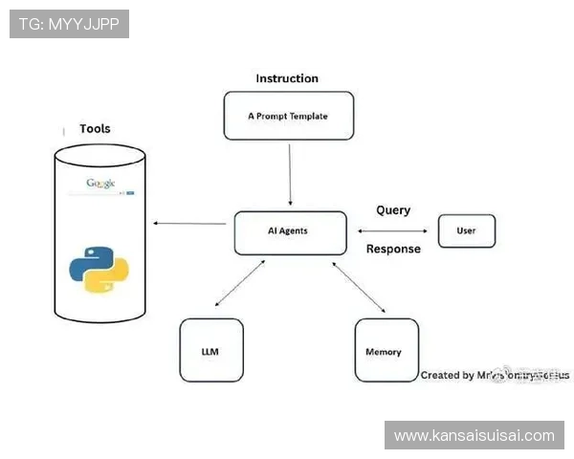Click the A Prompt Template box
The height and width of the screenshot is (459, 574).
click(x=288, y=116)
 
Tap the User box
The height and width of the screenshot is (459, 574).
click(x=466, y=230)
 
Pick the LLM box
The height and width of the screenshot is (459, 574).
click(x=210, y=351)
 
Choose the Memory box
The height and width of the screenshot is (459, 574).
click(x=385, y=351)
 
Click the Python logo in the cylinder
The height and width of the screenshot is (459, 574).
click(x=99, y=269)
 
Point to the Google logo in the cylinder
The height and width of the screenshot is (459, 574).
click(x=100, y=183)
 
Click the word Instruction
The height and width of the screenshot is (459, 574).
click(x=287, y=78)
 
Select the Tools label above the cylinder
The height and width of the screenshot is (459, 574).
click(x=95, y=129)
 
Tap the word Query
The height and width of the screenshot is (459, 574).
click(x=393, y=210)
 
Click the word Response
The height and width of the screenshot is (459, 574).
click(x=393, y=250)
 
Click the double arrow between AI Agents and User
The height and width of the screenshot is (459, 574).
click(x=392, y=230)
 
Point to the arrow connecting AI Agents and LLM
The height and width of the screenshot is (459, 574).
click(x=241, y=284)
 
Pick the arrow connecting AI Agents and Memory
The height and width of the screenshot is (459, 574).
click(x=358, y=286)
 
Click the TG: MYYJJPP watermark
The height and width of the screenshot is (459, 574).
click(x=69, y=23)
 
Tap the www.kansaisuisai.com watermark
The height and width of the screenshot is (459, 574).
click(x=474, y=436)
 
